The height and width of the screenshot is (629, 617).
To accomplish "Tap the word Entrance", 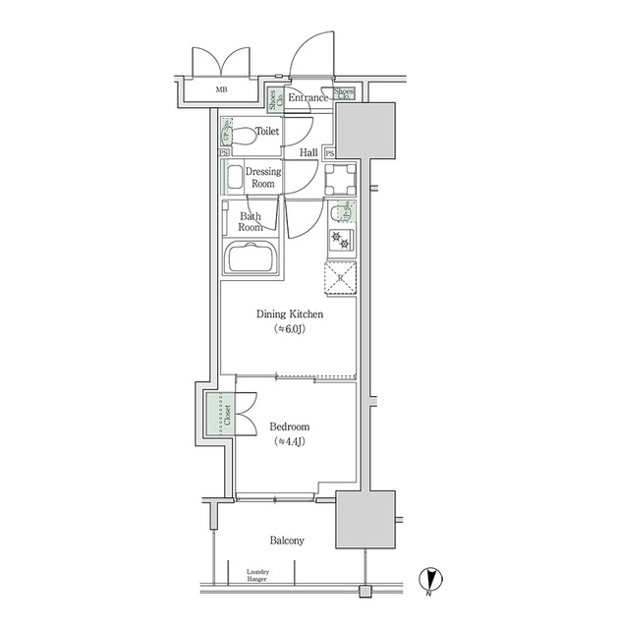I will [x=308, y=97].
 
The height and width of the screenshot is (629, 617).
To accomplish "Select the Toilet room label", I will [x=266, y=131].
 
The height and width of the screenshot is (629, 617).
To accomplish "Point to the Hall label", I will [x=308, y=152].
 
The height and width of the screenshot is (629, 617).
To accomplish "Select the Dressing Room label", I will [x=263, y=177].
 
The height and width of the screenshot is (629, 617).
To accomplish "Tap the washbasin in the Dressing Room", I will [x=234, y=178].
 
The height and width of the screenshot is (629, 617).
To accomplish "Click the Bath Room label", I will [x=251, y=220].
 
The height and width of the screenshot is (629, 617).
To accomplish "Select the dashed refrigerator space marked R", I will [x=340, y=278].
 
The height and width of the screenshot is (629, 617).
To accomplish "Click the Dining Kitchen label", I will [x=290, y=314].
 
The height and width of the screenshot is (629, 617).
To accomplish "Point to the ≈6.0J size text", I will [x=290, y=329].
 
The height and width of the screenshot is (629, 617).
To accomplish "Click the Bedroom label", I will [x=290, y=427].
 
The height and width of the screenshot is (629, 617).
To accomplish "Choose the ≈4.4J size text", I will [x=290, y=442].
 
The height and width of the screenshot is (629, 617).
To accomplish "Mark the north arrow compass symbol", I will [x=430, y=580].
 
